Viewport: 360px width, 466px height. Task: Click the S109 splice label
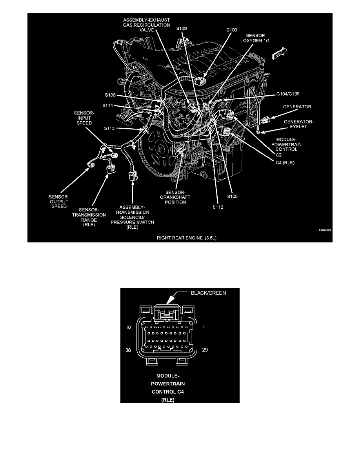(182, 29)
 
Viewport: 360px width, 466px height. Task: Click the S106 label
(111, 95)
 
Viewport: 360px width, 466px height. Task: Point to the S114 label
(109, 105)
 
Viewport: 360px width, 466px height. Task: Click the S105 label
(233, 195)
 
